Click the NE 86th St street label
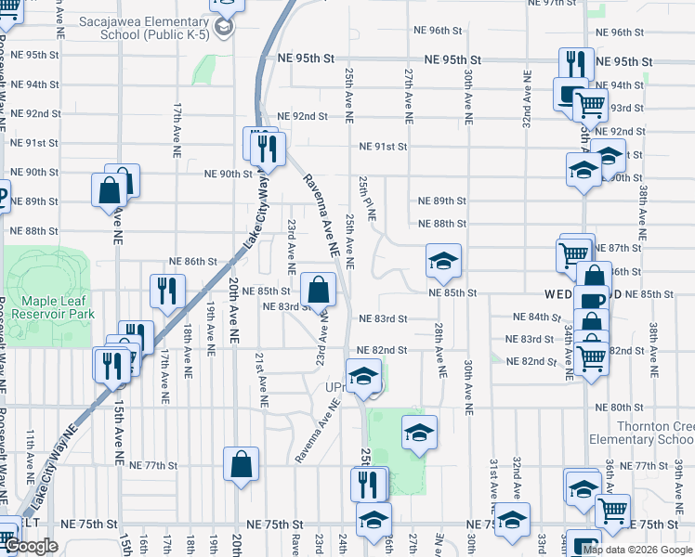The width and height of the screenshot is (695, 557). (192, 263)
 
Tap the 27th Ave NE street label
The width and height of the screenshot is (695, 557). (407, 95)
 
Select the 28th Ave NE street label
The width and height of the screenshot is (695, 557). (438, 346)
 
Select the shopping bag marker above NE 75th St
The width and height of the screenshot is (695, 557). (241, 463)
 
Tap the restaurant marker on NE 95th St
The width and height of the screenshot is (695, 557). (576, 63)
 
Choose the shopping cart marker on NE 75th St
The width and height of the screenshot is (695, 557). (611, 510)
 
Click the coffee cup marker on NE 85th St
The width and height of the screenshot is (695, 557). (591, 302)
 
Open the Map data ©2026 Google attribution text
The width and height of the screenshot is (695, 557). (637, 549)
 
